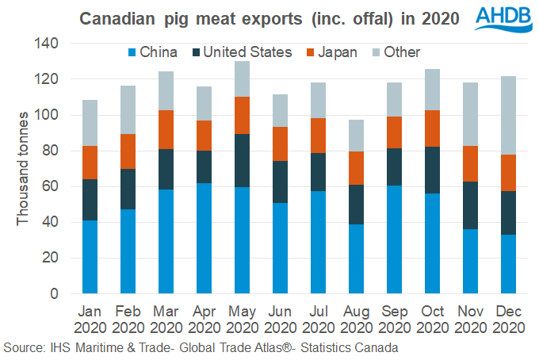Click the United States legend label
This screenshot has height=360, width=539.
click(247, 52)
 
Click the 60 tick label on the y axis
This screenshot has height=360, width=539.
click(52, 186)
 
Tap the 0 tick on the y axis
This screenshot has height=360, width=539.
click(56, 293)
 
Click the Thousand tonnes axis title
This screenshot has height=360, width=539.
click(24, 169)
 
